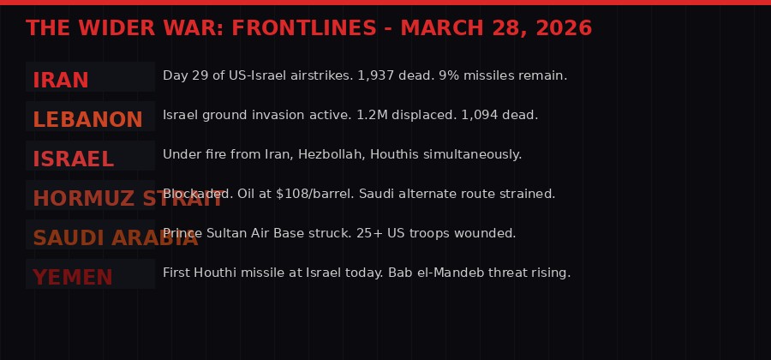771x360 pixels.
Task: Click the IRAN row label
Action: pos(61,81)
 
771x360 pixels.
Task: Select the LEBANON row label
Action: pos(87,120)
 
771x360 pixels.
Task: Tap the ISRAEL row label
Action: pos(73,159)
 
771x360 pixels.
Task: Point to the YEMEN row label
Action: pos(73,278)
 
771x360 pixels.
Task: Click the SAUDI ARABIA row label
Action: pos(115,238)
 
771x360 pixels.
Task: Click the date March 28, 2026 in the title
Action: pos(496,28)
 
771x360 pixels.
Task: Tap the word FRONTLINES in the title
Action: pos(304,28)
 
